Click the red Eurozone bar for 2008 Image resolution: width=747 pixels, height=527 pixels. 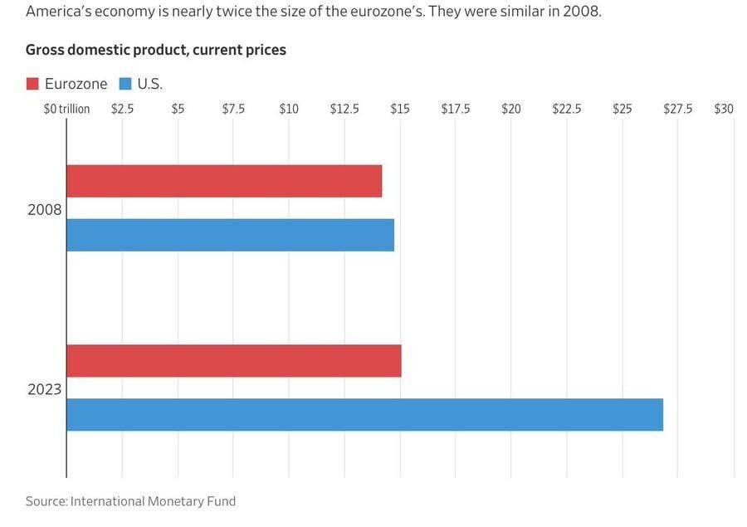[224, 181]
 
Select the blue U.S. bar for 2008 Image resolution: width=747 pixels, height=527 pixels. [230, 235]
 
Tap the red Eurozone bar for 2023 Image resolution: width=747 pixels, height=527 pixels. [233, 360]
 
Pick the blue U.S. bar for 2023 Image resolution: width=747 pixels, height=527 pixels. [364, 414]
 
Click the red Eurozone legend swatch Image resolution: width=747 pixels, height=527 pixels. [33, 84]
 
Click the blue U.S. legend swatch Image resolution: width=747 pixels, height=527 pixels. [126, 84]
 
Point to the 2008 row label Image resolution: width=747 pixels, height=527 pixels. [45, 209]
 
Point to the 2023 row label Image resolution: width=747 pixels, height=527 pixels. [45, 388]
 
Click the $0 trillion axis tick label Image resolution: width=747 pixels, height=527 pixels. [66, 109]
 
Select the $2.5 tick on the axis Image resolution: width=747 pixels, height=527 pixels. [122, 109]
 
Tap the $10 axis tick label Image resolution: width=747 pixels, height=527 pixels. [289, 109]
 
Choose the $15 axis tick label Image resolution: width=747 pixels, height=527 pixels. [400, 109]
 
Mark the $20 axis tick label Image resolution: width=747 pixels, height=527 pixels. [511, 109]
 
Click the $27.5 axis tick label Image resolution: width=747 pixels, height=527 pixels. [678, 109]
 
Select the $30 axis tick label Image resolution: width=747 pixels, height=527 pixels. [724, 109]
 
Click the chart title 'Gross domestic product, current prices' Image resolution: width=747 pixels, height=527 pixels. [156, 50]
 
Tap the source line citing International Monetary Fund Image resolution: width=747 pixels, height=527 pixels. [130, 501]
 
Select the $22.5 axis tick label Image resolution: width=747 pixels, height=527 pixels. [567, 109]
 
